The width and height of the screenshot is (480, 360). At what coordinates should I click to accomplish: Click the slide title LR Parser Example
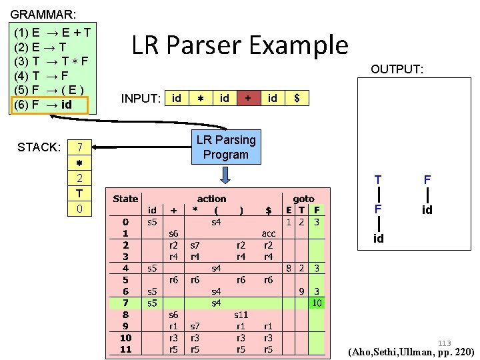(239, 45)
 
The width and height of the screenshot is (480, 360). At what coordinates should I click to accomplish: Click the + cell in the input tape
(248, 98)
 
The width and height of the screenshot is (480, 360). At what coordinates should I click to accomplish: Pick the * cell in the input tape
(200, 98)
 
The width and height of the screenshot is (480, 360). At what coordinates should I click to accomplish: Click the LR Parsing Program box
(225, 147)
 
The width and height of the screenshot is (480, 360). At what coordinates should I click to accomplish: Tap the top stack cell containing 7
(79, 147)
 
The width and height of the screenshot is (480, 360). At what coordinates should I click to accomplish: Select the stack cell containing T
(79, 193)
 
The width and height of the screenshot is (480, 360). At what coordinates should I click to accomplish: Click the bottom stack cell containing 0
(79, 209)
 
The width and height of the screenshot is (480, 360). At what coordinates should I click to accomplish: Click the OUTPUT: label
(397, 69)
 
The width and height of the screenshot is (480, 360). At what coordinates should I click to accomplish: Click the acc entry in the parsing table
(268, 234)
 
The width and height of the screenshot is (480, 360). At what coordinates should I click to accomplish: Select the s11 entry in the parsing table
(241, 315)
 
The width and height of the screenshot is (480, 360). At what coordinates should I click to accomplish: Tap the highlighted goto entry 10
(317, 303)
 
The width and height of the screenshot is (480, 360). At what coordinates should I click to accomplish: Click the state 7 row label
(125, 303)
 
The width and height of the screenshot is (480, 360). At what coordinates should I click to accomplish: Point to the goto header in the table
(303, 199)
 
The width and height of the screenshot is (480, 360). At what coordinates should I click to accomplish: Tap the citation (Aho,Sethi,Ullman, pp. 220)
(411, 352)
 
